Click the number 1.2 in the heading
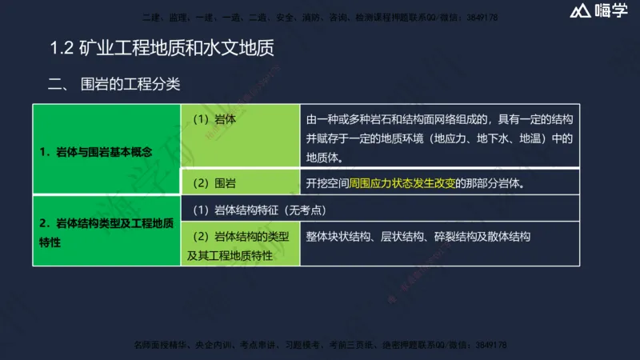pos(62,49)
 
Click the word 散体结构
pos(510,237)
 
